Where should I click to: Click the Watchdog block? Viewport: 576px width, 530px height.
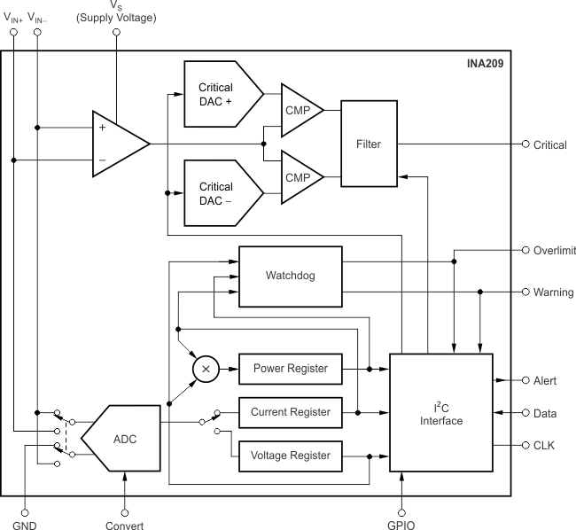point(291,276)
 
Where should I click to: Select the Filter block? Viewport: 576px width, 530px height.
point(369,144)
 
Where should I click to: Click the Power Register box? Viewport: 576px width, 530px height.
point(291,368)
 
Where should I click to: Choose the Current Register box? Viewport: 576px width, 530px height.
point(291,412)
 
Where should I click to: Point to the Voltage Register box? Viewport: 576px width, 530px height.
point(291,456)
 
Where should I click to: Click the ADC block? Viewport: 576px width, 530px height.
point(123,439)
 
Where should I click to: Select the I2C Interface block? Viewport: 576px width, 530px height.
point(441,414)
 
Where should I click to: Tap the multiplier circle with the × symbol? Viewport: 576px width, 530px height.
point(206,368)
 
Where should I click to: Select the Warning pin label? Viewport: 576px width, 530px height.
point(553,292)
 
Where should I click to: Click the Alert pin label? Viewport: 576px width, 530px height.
point(546,380)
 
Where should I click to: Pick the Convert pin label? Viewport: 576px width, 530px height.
point(124,524)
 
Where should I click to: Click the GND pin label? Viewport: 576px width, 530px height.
point(25,524)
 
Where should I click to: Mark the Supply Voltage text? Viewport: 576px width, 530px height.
point(118,18)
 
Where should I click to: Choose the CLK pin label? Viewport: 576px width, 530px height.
point(545,446)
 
